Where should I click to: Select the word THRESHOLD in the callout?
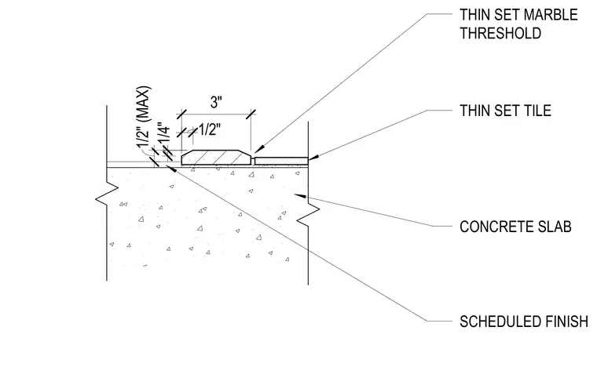pyautogui.click(x=500, y=34)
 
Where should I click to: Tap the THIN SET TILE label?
pyautogui.click(x=505, y=111)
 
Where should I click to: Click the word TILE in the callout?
pyautogui.click(x=537, y=111)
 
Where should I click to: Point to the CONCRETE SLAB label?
pyautogui.click(x=515, y=227)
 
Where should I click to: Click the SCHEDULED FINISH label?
pyautogui.click(x=524, y=321)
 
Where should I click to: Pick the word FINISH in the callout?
pyautogui.click(x=566, y=321)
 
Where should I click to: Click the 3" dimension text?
pyautogui.click(x=216, y=102)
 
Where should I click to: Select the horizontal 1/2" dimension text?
pyautogui.click(x=210, y=130)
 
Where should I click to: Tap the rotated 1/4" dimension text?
pyautogui.click(x=163, y=133)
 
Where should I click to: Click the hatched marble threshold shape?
pyautogui.click(x=217, y=158)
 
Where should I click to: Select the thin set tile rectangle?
pyautogui.click(x=281, y=162)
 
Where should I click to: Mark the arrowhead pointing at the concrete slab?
pyautogui.click(x=300, y=196)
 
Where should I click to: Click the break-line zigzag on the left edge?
pyautogui.click(x=107, y=194)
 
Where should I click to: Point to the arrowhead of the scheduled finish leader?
pyautogui.click(x=172, y=169)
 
